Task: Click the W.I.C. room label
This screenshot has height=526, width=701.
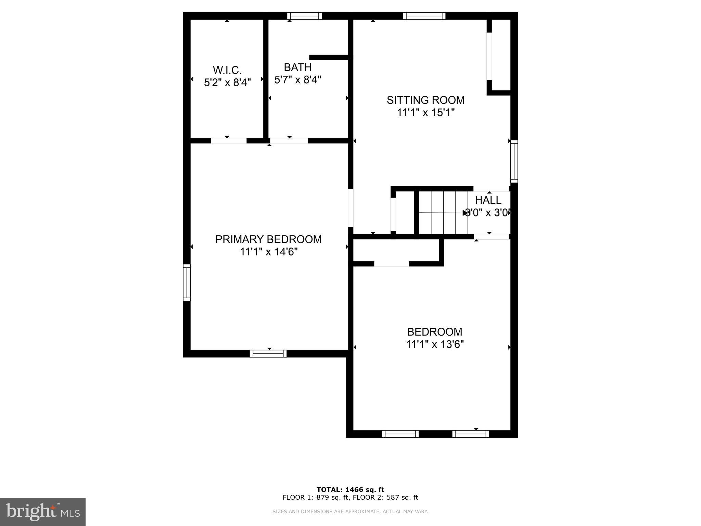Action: pos(227,70)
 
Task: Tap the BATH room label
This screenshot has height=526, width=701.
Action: pos(297,67)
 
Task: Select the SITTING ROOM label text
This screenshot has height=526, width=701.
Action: pos(425,100)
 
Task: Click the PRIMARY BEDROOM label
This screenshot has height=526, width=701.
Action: pos(268,239)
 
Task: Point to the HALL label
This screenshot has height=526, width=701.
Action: pos(488,200)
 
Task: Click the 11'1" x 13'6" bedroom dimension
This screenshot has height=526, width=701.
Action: pos(435,344)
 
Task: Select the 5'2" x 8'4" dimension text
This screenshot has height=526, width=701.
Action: pos(227,83)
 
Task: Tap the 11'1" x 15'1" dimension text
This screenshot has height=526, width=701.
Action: pos(425,113)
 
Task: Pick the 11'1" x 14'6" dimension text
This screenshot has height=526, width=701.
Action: pos(268,252)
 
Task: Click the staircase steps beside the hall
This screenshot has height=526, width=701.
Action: pos(443,212)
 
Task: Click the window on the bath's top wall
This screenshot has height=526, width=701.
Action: pos(304,16)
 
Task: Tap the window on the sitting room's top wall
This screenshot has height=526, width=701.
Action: pos(424,16)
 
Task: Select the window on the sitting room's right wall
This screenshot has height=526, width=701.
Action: pos(514,161)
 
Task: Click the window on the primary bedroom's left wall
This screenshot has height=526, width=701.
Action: pos(187,283)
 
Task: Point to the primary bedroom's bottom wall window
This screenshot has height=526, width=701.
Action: pos(268,354)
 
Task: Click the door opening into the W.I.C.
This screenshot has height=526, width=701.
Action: pos(229,141)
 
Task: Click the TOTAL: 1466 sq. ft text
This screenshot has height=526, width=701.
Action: pos(350,490)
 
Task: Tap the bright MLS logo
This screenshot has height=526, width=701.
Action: pos(43,512)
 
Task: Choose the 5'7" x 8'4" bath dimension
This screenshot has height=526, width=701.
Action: pos(297,80)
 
